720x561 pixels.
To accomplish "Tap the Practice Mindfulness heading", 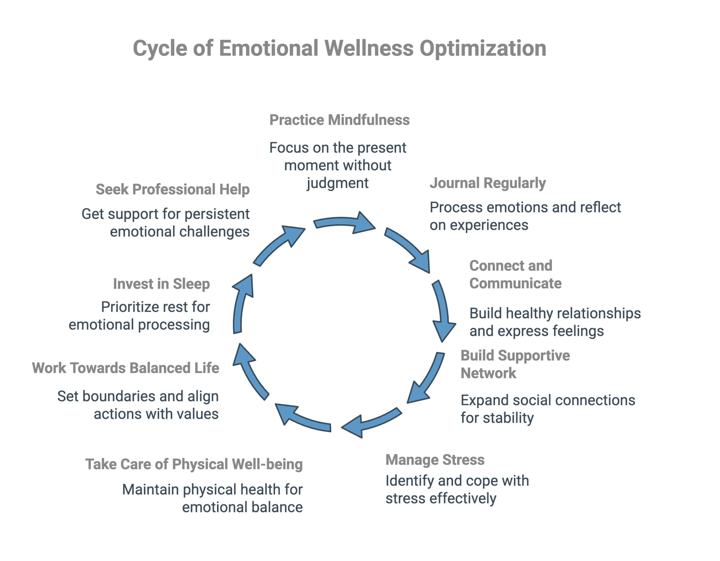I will [x=339, y=120].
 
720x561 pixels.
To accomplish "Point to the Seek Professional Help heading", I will [x=172, y=189].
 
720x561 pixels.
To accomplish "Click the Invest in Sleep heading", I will [x=161, y=284].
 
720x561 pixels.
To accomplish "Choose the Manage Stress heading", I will [x=435, y=460].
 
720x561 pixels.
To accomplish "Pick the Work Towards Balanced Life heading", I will [x=125, y=368].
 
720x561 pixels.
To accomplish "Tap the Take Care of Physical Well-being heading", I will [x=194, y=464].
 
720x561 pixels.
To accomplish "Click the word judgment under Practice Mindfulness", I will [x=337, y=183].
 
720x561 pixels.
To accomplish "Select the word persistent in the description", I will [x=217, y=214].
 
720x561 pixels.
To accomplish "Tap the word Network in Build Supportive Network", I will [x=488, y=373].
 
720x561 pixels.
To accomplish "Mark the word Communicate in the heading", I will [x=515, y=283].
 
